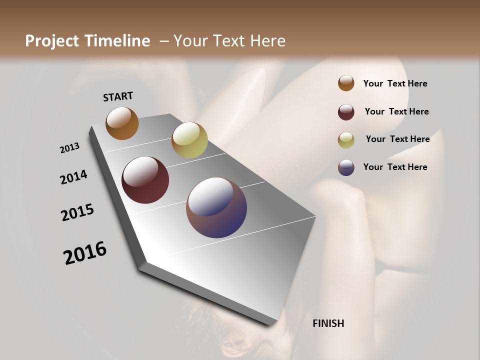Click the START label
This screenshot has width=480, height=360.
click(x=118, y=96)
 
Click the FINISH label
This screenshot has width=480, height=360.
click(x=328, y=323)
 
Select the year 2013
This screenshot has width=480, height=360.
click(x=69, y=148)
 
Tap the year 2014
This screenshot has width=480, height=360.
click(x=73, y=177)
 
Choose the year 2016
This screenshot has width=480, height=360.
click(x=85, y=253)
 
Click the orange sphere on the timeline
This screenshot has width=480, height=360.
click(x=122, y=123)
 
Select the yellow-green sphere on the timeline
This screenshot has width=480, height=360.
click(x=189, y=140)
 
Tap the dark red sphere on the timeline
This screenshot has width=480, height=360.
click(x=145, y=180)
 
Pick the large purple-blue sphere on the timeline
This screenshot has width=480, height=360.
click(x=216, y=207)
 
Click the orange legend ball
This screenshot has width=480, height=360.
click(x=346, y=83)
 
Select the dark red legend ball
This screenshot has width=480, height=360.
click(x=346, y=112)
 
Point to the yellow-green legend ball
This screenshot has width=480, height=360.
click(x=346, y=140)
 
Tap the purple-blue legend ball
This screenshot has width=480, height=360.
click(x=346, y=167)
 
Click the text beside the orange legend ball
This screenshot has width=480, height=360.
click(x=395, y=83)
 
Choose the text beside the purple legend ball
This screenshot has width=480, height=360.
click(x=395, y=167)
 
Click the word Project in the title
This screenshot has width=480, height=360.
click(x=52, y=41)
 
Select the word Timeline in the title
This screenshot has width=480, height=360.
click(x=118, y=41)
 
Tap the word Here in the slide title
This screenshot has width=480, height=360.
click(x=267, y=41)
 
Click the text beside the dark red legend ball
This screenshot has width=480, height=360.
click(x=396, y=111)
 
